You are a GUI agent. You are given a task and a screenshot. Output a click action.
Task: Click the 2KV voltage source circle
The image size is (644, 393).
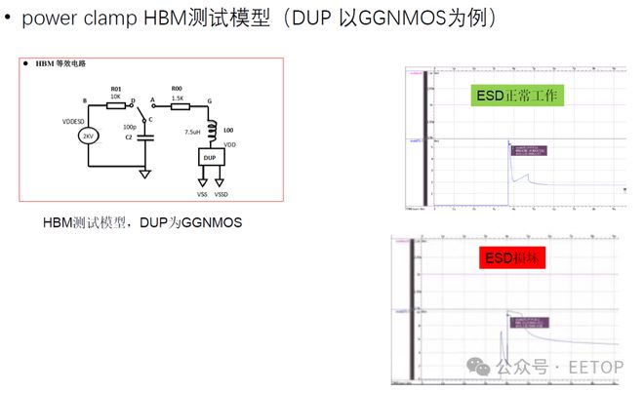click(89, 137)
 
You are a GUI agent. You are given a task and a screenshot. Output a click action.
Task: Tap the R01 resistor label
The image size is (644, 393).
click(116, 87)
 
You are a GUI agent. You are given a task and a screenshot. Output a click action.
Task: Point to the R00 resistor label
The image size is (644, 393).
click(177, 87)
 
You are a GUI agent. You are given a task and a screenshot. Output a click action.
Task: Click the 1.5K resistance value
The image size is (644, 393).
click(177, 97)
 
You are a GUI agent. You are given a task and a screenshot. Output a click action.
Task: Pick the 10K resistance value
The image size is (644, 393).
click(116, 97)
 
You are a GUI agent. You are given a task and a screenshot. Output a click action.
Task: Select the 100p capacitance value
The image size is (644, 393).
click(130, 127)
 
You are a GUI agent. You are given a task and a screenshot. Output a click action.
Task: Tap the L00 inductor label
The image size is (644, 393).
click(228, 129)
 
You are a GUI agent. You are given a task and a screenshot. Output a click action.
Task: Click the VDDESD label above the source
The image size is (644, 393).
click(74, 121)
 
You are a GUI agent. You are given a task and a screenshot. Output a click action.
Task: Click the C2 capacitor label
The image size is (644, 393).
click(129, 138)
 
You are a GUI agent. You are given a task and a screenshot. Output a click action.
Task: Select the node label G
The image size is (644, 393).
click(210, 100)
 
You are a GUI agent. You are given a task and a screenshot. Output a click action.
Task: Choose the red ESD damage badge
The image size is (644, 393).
click(511, 258)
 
